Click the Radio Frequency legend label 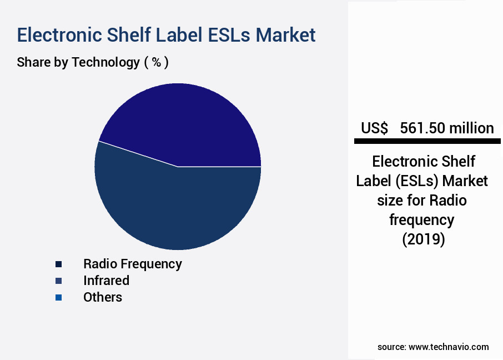[132, 263]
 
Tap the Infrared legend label [106, 281]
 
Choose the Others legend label [103, 297]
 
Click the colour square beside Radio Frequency [58, 264]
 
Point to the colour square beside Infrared [58, 281]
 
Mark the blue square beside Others [58, 298]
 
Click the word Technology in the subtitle [105, 62]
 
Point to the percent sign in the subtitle [157, 62]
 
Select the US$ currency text [375, 128]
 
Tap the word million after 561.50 [471, 128]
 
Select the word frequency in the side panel [422, 220]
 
